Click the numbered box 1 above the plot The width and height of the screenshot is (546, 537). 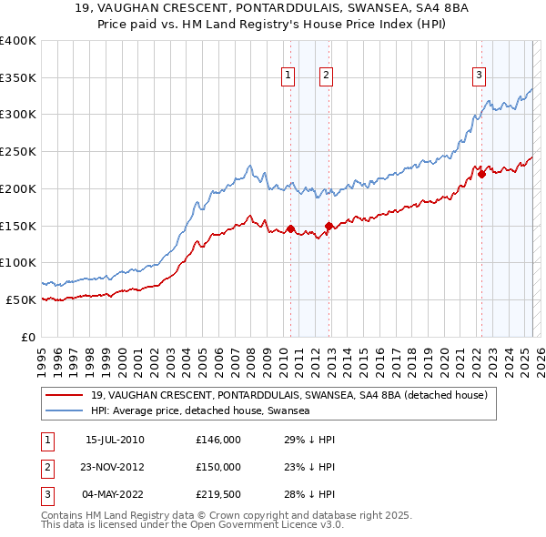(x=288, y=76)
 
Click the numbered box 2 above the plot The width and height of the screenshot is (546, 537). (x=325, y=76)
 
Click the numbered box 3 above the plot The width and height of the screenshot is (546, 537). (x=479, y=76)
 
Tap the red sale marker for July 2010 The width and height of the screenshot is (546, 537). (x=290, y=228)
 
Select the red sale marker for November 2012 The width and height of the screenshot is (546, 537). (x=329, y=226)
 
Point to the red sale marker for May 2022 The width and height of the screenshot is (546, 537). (x=481, y=174)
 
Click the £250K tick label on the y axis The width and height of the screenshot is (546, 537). (x=18, y=152)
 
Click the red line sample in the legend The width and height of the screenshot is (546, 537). (x=64, y=396)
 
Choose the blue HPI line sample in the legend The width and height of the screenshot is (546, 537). (x=64, y=411)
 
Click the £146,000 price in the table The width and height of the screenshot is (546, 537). (x=218, y=440)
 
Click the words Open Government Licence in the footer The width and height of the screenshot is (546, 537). (x=262, y=526)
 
